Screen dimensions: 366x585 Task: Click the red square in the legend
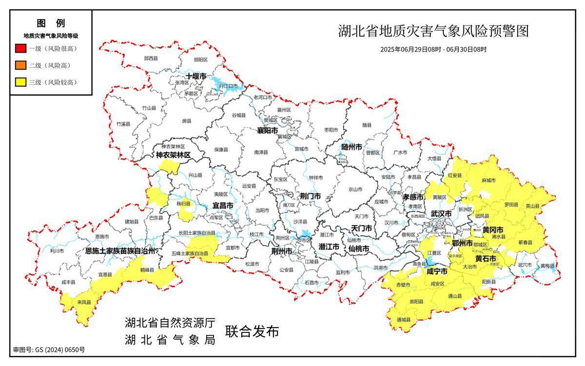pos(20,49)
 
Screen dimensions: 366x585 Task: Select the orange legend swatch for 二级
pos(20,65)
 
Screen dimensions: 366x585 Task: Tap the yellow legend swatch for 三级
pos(20,82)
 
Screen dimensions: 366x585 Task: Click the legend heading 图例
pos(51,23)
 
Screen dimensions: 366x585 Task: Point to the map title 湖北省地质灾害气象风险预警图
pos(433,32)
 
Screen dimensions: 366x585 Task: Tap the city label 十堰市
pos(196,77)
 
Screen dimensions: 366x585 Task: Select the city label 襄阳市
pos(268,131)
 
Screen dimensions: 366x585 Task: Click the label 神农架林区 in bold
pos(173,155)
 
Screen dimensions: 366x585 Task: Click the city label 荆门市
pos(310,196)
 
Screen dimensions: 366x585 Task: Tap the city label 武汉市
pos(441,214)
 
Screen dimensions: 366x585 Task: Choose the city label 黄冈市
pos(493,230)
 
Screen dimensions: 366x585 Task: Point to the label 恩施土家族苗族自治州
pos(119,251)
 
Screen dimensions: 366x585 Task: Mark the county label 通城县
pos(404,320)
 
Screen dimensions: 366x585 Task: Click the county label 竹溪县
pos(123,124)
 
